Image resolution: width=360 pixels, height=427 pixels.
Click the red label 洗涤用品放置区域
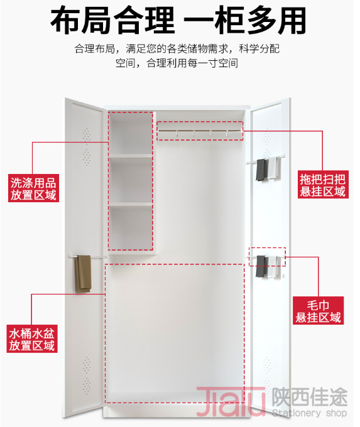tap(33, 188)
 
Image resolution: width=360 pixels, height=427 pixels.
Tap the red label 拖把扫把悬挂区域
tap(323, 185)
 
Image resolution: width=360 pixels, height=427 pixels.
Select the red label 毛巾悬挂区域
tap(319, 311)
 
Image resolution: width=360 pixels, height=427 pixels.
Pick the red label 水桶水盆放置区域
tap(32, 338)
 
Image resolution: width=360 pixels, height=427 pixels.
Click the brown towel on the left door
tap(84, 274)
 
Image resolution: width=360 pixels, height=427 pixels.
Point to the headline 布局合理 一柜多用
tap(178, 21)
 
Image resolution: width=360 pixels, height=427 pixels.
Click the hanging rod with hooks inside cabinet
tap(200, 132)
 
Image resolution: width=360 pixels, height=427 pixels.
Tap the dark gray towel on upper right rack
tap(261, 170)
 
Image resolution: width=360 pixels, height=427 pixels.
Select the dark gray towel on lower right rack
tap(261, 266)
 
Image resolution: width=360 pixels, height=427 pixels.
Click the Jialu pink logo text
tap(231, 401)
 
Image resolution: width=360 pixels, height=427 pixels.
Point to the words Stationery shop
tap(309, 413)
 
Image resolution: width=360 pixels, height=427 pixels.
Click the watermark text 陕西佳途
tap(310, 396)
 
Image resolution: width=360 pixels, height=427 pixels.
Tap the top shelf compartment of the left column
tap(131, 133)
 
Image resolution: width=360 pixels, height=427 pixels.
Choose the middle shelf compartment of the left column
tap(131, 180)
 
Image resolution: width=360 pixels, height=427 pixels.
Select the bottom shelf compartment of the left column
tap(131, 227)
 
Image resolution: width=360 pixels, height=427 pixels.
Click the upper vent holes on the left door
tap(87, 134)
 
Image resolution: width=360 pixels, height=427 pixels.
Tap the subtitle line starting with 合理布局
tap(177, 49)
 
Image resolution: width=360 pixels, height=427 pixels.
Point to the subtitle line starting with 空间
tap(177, 63)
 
